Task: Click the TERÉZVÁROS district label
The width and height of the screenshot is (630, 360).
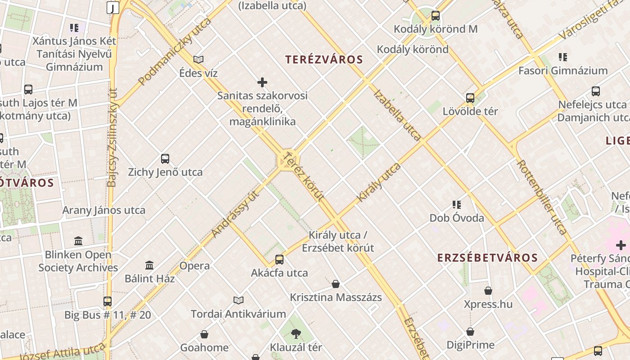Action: click(324, 59)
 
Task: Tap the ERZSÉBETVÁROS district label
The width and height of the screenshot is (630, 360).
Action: click(488, 258)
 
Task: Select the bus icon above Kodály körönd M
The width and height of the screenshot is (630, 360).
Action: click(435, 16)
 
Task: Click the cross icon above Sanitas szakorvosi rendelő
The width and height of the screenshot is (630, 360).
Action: click(262, 82)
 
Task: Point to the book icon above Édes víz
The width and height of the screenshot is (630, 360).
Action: click(198, 59)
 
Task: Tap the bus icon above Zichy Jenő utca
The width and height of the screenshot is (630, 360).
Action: click(165, 158)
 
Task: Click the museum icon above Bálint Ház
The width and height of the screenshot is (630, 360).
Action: click(149, 265)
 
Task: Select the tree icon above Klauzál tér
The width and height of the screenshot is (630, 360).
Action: click(296, 334)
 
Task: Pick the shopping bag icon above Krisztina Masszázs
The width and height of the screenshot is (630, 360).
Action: click(336, 284)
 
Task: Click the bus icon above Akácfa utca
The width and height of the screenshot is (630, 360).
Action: click(279, 259)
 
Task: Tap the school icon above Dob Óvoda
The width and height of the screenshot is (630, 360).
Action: click(457, 205)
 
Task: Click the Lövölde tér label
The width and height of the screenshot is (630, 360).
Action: click(470, 111)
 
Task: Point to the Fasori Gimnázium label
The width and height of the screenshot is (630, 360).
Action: click(563, 71)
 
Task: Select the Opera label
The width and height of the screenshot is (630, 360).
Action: click(194, 265)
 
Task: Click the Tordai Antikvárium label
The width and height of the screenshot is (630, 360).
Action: click(238, 314)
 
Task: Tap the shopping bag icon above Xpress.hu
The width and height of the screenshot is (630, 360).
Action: click(488, 291)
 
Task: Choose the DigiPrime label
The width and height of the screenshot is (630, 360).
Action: click(470, 345)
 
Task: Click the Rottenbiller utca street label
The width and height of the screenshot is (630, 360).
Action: click(542, 197)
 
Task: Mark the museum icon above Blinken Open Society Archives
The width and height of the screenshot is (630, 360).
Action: click(78, 241)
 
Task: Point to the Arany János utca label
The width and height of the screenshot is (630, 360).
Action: click(103, 210)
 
